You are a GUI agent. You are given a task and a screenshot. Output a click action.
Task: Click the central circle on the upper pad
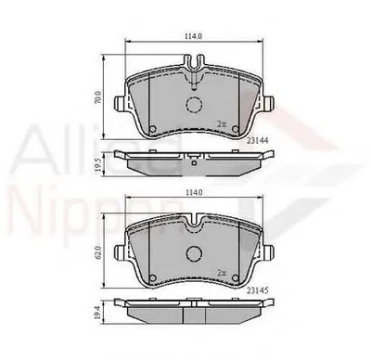click(195, 106)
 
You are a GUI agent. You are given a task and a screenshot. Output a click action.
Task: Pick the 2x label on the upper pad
click(222, 123)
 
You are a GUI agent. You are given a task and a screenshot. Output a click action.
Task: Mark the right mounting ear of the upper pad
click(270, 104)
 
